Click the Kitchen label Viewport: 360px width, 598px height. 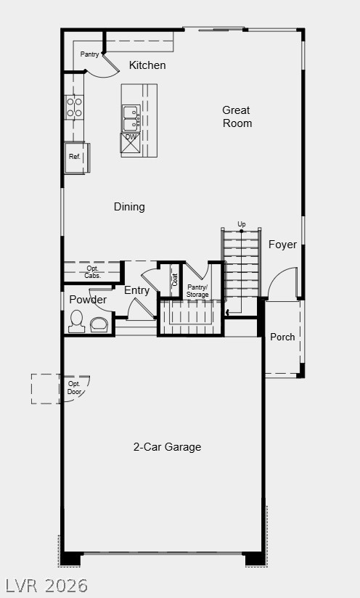[x=147, y=65]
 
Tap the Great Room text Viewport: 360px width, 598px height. [x=237, y=117]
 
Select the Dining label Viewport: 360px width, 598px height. [x=129, y=207]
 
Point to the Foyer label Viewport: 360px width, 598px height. [x=282, y=245]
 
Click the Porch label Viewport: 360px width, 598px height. [x=282, y=337]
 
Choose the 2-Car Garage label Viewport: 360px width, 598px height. [x=167, y=447]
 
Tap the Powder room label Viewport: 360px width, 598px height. [x=88, y=300]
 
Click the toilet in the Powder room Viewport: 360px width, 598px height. [x=76, y=321]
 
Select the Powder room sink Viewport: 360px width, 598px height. [x=99, y=323]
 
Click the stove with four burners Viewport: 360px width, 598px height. [x=75, y=107]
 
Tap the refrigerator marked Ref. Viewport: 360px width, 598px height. [x=75, y=157]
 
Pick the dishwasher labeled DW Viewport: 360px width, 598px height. [x=131, y=142]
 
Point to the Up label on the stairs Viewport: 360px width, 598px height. [x=242, y=224]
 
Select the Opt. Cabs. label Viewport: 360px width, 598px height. [x=93, y=272]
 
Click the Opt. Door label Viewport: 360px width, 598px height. [x=74, y=387]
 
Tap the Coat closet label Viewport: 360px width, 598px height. [x=174, y=280]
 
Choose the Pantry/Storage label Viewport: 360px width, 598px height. [x=197, y=291]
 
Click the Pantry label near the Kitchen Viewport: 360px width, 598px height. [x=90, y=54]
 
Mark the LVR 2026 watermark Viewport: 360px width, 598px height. [x=47, y=585]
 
